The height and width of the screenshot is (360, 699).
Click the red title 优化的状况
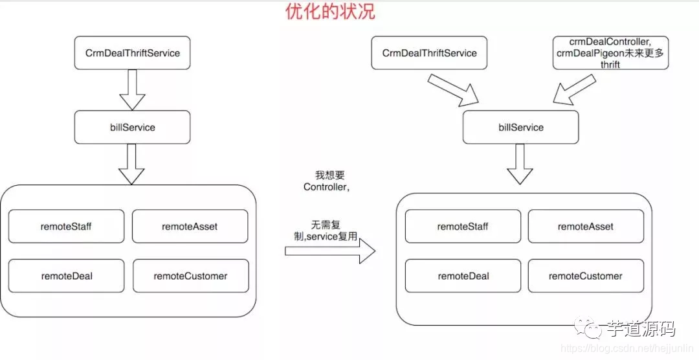pos(330,12)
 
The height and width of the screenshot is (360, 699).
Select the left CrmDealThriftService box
pos(133,53)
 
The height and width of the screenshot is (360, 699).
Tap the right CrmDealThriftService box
pos(430,53)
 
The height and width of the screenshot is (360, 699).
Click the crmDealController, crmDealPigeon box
pos(610,53)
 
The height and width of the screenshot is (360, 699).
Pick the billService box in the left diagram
pos(133,128)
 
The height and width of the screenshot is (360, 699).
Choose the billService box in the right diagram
pos(521,128)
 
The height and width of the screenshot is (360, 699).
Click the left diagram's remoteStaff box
pos(66,227)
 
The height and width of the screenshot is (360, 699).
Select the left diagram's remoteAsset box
pos(190,227)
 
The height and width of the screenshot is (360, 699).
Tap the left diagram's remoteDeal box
pos(66,276)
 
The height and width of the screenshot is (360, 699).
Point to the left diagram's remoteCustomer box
pos(190,276)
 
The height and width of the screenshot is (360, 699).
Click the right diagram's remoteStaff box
pos(463,227)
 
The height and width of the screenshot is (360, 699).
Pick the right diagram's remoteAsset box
pos(586,227)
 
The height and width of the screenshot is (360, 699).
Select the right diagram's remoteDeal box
pos(463,276)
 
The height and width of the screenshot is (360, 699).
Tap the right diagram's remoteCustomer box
pos(586,276)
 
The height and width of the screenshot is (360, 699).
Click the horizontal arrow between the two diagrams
pos(330,251)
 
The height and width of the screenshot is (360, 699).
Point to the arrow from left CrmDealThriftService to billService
pos(133,89)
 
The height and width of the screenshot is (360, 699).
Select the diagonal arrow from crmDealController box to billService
pos(574,89)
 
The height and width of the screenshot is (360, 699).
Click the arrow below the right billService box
pos(520,164)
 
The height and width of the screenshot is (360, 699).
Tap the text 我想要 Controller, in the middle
pos(327,181)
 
